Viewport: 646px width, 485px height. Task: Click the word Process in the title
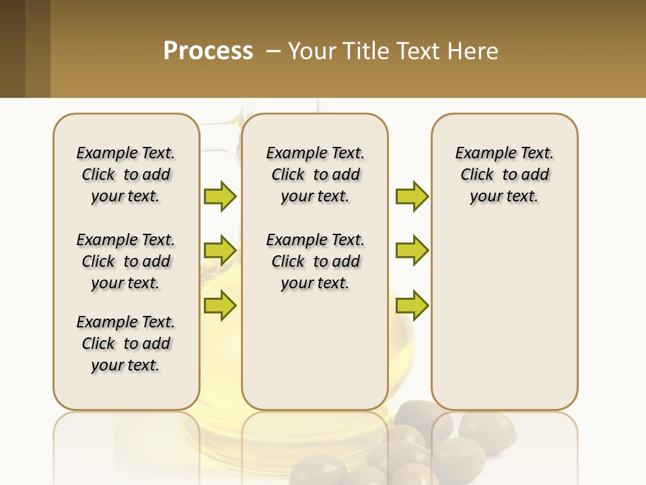pyautogui.click(x=208, y=51)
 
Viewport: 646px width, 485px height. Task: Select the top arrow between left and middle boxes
pyautogui.click(x=220, y=196)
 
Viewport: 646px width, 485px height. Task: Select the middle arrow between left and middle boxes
pyautogui.click(x=220, y=251)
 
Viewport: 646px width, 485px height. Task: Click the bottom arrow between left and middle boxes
pyautogui.click(x=220, y=306)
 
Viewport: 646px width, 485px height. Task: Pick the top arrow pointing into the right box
pyautogui.click(x=412, y=196)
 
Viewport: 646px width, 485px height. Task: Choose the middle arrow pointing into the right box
pyautogui.click(x=412, y=251)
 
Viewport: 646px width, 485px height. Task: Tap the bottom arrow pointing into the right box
pyautogui.click(x=412, y=306)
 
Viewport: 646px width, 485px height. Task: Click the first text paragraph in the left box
pyautogui.click(x=126, y=174)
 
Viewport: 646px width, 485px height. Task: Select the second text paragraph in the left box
pyautogui.click(x=126, y=261)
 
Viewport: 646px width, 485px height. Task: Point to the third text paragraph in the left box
pyautogui.click(x=126, y=344)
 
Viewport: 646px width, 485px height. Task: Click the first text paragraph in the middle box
pyautogui.click(x=315, y=174)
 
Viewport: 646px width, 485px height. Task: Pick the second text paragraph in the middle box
pyautogui.click(x=315, y=261)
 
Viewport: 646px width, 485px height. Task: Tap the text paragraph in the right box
pyautogui.click(x=504, y=174)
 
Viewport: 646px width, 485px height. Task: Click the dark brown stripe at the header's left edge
pyautogui.click(x=12, y=48)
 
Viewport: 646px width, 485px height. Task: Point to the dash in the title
pyautogui.click(x=273, y=51)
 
